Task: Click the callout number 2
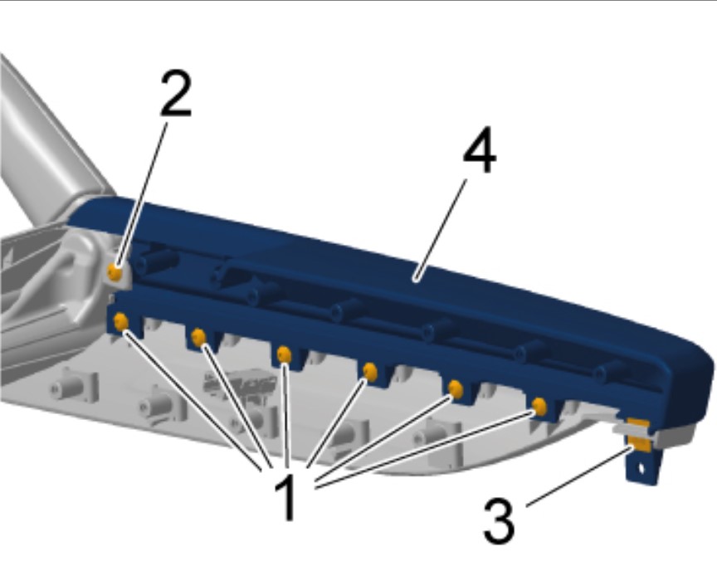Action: pyautogui.click(x=176, y=93)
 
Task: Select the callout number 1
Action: pyautogui.click(x=286, y=497)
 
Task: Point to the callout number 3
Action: pyautogui.click(x=499, y=521)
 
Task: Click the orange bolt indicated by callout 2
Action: pyautogui.click(x=115, y=273)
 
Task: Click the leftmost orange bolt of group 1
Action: pyautogui.click(x=121, y=322)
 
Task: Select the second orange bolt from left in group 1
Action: pyautogui.click(x=199, y=338)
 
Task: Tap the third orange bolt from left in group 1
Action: pyautogui.click(x=285, y=354)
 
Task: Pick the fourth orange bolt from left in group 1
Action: pyautogui.click(x=370, y=372)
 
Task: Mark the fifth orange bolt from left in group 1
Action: pyautogui.click(x=456, y=388)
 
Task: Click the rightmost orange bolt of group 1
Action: pyautogui.click(x=539, y=406)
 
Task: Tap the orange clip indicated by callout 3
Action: pyautogui.click(x=639, y=443)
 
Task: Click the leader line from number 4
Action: pyautogui.click(x=441, y=230)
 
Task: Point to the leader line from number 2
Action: pyautogui.click(x=141, y=196)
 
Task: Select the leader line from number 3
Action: pyautogui.click(x=579, y=477)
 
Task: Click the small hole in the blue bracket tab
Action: pyautogui.click(x=641, y=468)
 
